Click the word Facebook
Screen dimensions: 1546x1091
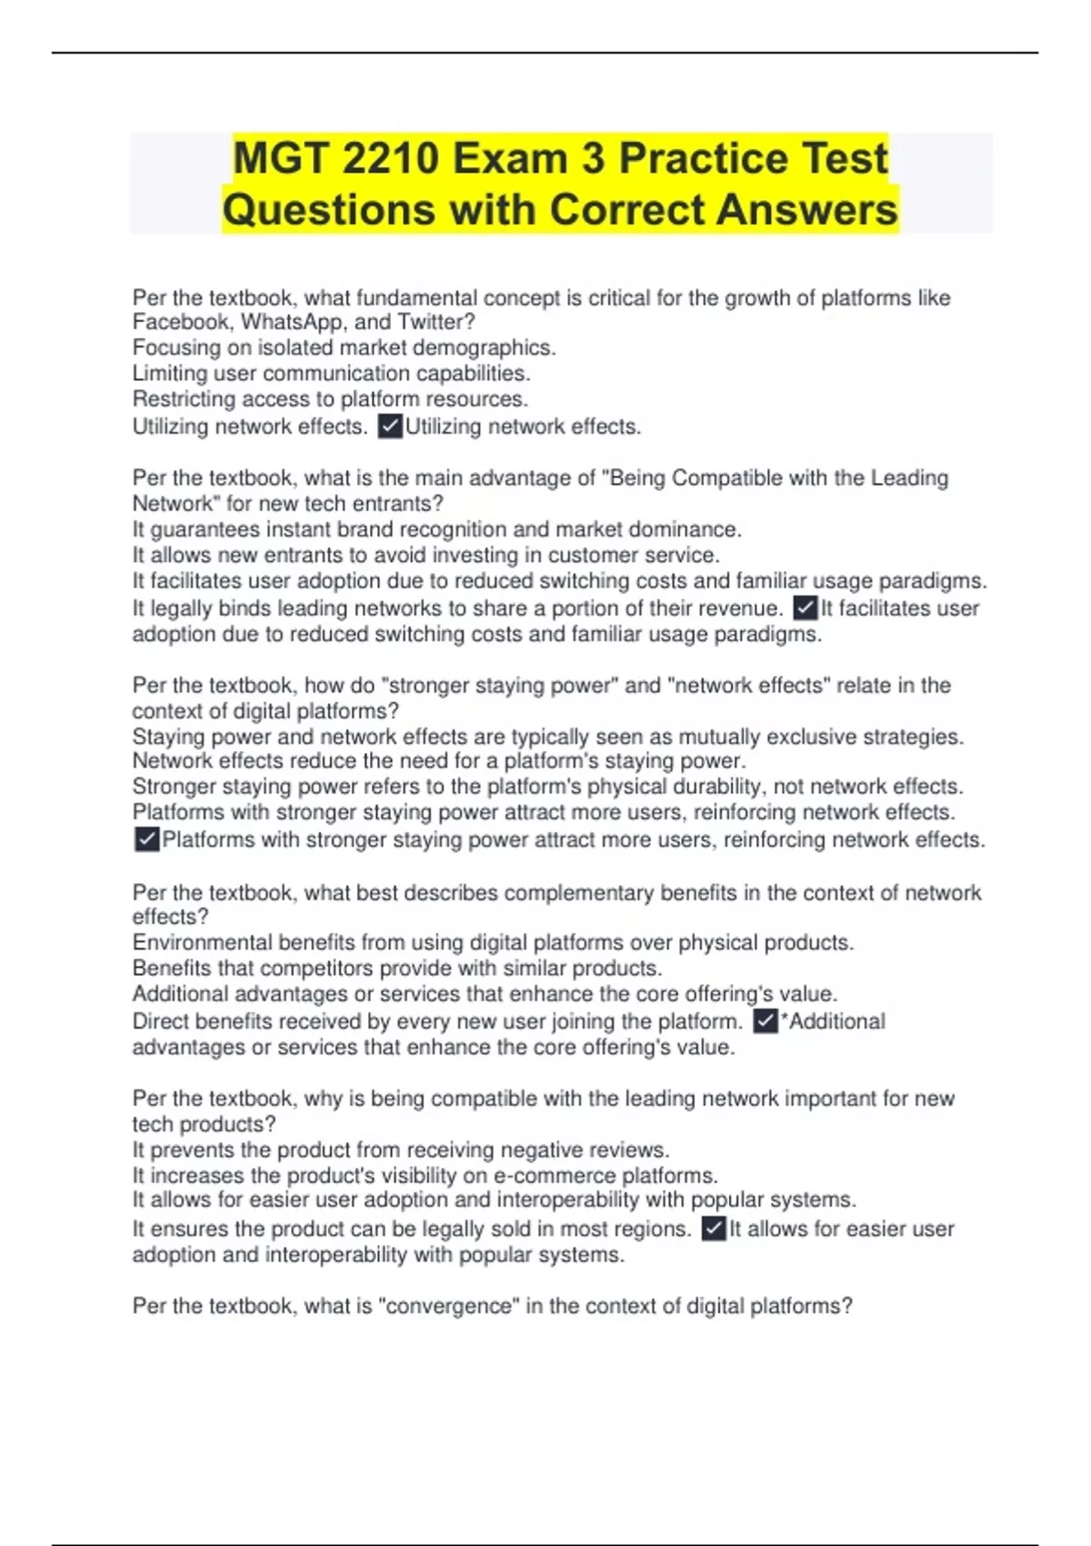(x=180, y=322)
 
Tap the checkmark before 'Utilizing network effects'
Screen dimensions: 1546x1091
(x=390, y=427)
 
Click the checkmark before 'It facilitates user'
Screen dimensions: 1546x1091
(x=806, y=608)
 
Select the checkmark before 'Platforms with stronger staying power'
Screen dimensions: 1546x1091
(x=146, y=839)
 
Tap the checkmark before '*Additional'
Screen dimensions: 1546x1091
(x=766, y=1021)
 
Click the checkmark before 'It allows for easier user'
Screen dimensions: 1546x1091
(x=714, y=1229)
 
